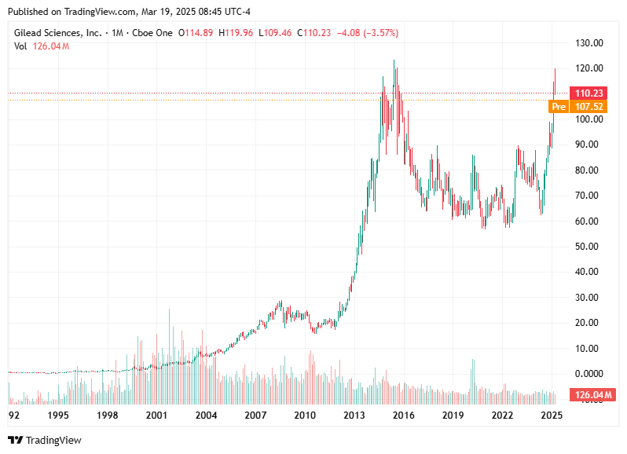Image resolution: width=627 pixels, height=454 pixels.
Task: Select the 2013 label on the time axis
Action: (x=354, y=415)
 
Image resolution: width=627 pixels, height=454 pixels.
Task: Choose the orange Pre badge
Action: (x=558, y=106)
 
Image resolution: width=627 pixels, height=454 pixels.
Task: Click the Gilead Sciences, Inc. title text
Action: (x=58, y=33)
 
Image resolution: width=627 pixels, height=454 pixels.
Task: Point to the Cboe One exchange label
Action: (x=154, y=33)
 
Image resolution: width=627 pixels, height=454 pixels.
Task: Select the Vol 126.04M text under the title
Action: (x=42, y=46)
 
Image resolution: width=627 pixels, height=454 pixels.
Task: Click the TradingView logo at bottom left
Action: (x=45, y=440)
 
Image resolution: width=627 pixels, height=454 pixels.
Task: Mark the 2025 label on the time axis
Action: (x=552, y=415)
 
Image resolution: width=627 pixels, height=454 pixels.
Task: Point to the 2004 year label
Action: (x=206, y=415)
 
